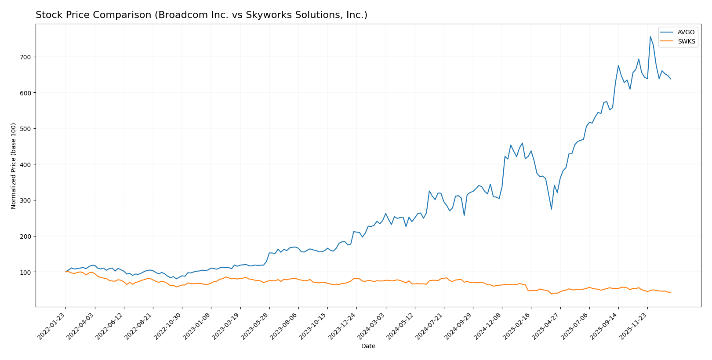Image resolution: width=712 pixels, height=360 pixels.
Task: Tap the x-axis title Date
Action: point(368,346)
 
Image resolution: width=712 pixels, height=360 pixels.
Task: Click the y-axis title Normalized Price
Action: point(14,166)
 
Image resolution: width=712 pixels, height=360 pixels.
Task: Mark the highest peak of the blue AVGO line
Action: point(650,36)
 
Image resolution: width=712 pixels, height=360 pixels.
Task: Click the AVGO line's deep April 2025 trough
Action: point(552,209)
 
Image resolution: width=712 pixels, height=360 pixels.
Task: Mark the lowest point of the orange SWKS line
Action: point(552,294)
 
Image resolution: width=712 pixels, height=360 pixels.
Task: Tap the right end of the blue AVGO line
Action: point(671,79)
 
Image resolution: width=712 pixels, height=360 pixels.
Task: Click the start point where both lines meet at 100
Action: point(66,272)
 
